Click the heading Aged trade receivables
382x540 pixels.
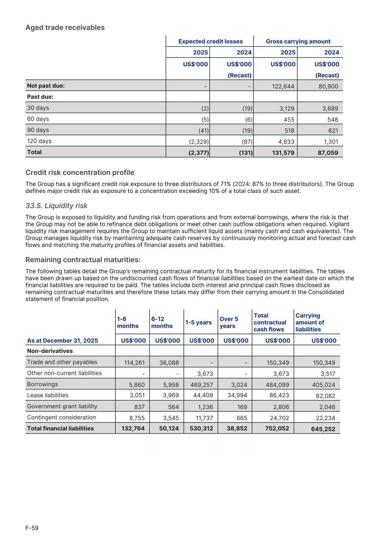pyautogui.click(x=65, y=28)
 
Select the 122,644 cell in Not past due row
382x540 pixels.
pyautogui.click(x=283, y=86)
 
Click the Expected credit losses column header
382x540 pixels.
pyautogui.click(x=210, y=42)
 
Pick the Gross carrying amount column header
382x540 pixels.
pyautogui.click(x=298, y=42)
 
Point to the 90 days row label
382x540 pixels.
pyautogui.click(x=38, y=130)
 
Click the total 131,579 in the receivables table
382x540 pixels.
pyautogui.click(x=283, y=153)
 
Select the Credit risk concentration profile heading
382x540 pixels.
pyautogui.click(x=79, y=172)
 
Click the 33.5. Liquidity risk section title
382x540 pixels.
pyautogui.click(x=57, y=206)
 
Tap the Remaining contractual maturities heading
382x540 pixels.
pyautogui.click(x=83, y=260)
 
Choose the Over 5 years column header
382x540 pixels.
pyautogui.click(x=229, y=322)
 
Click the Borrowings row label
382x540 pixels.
pyautogui.click(x=42, y=384)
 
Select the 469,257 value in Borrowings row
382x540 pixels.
pyautogui.click(x=201, y=385)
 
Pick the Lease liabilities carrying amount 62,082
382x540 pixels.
pyautogui.click(x=324, y=396)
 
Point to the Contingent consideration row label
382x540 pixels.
pyautogui.click(x=61, y=417)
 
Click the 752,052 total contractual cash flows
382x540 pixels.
pyautogui.click(x=277, y=428)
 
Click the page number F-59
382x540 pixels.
pyautogui.click(x=32, y=528)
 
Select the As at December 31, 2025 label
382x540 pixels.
pyautogui.click(x=62, y=341)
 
